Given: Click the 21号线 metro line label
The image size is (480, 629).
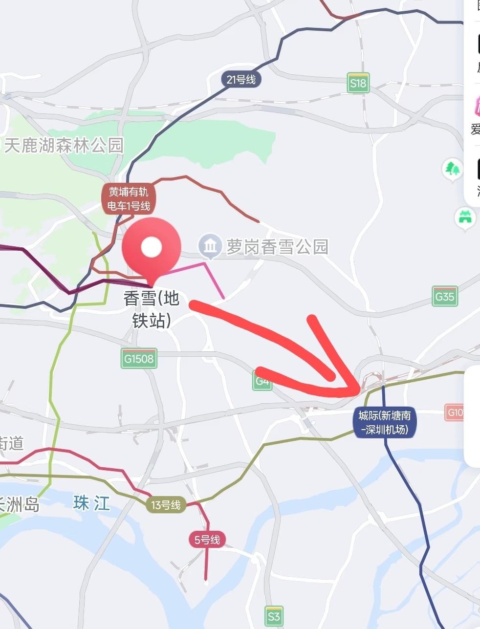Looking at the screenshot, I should (241, 79).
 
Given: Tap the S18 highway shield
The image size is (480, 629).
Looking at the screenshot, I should (358, 83).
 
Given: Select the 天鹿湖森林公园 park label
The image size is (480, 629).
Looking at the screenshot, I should (64, 146).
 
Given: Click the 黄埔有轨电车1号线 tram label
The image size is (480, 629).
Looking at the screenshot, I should (129, 199).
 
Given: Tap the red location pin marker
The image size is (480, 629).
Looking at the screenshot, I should (151, 249).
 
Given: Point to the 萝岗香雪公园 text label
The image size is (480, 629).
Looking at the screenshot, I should (277, 247).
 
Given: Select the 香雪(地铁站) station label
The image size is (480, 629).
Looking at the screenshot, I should (152, 309).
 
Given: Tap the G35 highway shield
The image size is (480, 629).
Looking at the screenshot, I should (444, 296).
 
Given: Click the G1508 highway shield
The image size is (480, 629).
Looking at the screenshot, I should (139, 358).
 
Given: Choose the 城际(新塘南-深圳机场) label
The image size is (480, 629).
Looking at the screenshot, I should (385, 423).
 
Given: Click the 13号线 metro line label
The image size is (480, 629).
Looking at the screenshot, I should (166, 505).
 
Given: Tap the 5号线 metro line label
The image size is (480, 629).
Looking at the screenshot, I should (207, 540).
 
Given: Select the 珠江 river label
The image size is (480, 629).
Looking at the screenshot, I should (92, 503).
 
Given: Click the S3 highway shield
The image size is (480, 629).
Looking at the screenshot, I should (274, 616).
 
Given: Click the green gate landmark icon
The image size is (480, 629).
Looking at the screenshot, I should (464, 217).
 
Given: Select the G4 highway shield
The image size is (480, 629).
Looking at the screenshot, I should (262, 381).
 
